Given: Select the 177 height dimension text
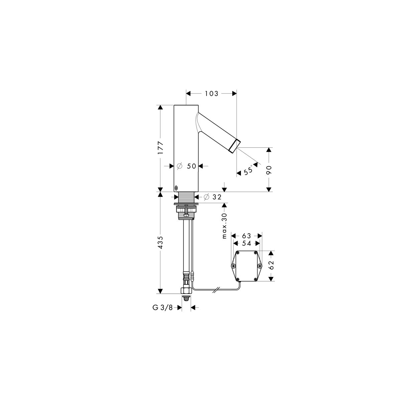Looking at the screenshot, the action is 160,148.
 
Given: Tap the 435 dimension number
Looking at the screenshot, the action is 160,242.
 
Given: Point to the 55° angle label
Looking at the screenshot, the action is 248,170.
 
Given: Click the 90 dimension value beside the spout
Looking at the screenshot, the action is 269,170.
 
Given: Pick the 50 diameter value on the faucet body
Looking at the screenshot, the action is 191,166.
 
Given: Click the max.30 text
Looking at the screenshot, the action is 224,226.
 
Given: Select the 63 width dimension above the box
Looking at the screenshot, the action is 247,236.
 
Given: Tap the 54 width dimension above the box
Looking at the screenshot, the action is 247,243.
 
